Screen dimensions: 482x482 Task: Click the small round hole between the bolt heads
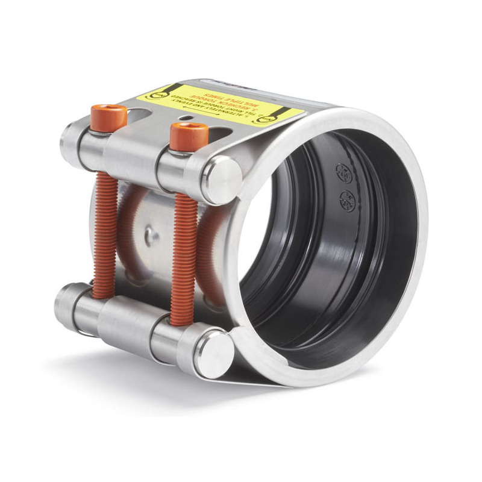(x=189, y=117)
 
